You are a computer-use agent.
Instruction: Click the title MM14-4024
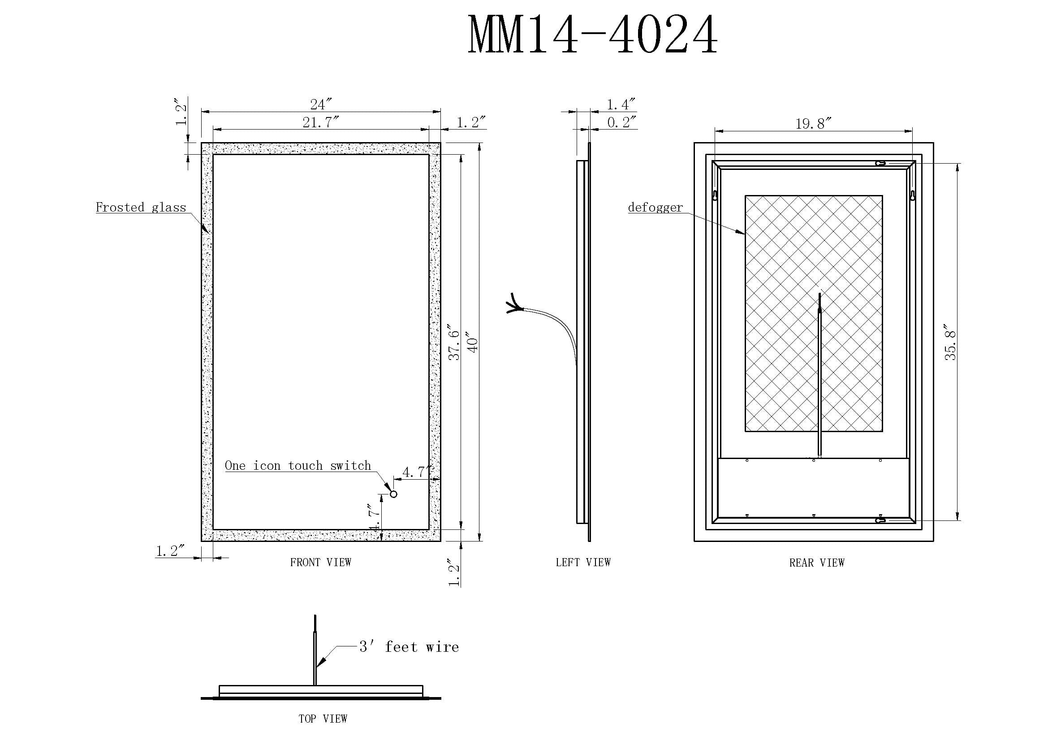592,35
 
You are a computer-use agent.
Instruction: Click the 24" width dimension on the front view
321,104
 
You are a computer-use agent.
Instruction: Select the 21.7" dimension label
321,122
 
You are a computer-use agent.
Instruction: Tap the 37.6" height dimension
454,342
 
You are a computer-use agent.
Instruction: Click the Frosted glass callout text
141,207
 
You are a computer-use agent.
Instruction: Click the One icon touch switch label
298,465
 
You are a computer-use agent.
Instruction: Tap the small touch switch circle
393,494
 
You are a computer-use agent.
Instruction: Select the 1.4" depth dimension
621,104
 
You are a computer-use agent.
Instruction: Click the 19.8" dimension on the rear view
813,124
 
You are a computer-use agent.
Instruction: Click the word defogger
655,208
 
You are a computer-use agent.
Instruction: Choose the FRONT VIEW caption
321,562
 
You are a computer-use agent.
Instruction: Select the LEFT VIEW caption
583,562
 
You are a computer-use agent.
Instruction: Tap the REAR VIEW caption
817,563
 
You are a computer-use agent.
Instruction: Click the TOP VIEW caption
323,719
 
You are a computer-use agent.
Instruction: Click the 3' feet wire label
409,646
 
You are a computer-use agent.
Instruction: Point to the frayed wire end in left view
514,303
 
